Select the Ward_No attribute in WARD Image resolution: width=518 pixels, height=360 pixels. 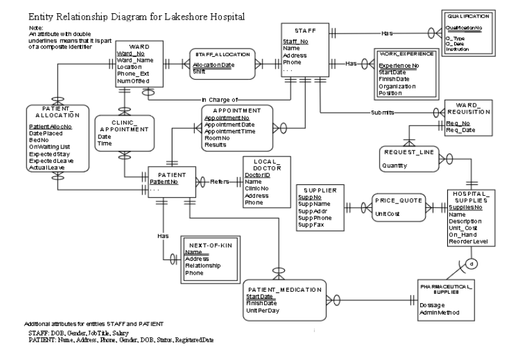pos(131,53)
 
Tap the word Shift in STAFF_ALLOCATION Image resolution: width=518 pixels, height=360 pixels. pos(200,71)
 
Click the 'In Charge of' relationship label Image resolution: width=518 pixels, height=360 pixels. pos(220,99)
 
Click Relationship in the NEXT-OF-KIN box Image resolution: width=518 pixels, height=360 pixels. pos(203,266)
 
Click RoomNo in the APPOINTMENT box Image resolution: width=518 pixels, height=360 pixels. pos(216,138)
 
